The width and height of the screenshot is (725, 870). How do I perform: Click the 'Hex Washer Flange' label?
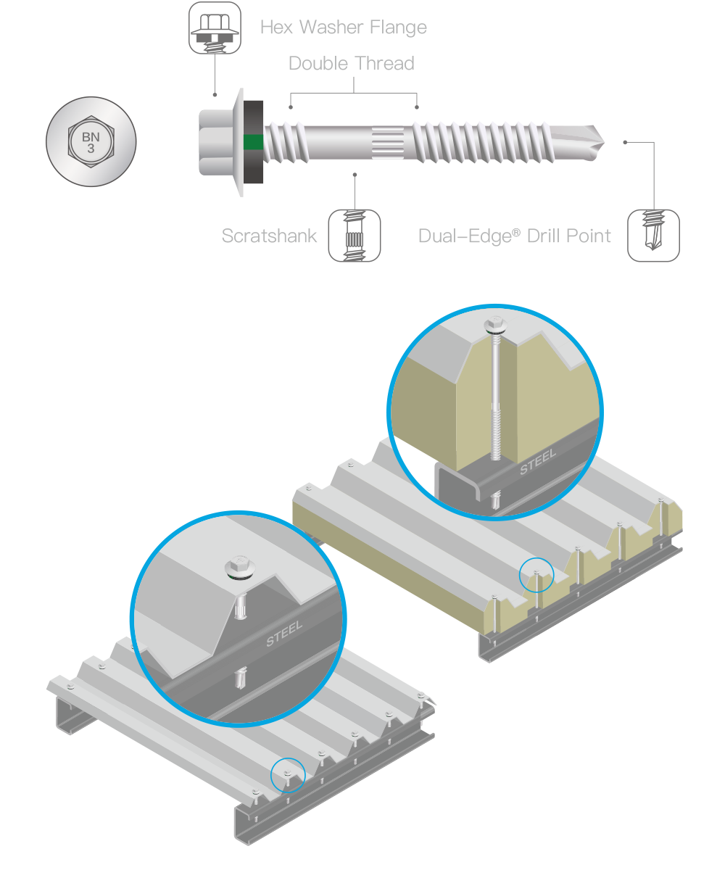(x=343, y=28)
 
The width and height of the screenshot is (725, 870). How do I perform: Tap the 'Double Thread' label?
(x=352, y=64)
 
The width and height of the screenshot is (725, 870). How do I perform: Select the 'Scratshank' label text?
(x=269, y=236)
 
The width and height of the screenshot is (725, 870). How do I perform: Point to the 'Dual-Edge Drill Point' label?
(x=515, y=236)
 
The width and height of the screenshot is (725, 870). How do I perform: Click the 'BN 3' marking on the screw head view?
(x=91, y=141)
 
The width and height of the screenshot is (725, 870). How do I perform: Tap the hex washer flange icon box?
(x=215, y=28)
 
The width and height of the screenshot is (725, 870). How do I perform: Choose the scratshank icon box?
(x=355, y=236)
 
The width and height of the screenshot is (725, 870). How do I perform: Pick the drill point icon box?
(x=653, y=236)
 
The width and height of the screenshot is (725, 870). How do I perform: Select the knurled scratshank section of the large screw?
(x=392, y=141)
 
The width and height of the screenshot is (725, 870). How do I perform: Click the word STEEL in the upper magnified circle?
(x=538, y=461)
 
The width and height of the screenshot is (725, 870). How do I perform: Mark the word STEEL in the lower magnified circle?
(x=284, y=631)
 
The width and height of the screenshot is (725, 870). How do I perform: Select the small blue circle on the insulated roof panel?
(x=536, y=576)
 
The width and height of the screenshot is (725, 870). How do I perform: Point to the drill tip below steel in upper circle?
(x=496, y=500)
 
